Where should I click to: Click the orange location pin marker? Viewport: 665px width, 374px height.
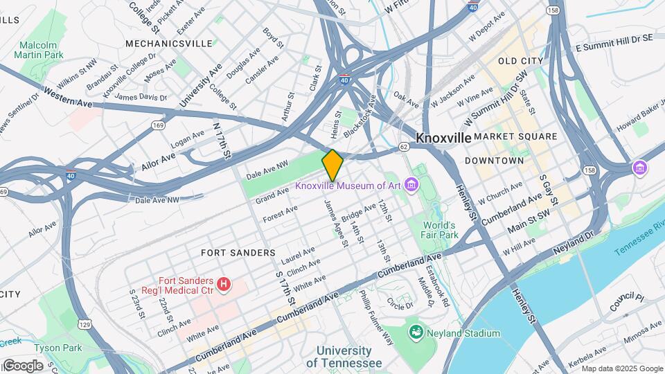click(332, 165)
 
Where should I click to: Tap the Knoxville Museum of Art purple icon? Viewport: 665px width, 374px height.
click(412, 185)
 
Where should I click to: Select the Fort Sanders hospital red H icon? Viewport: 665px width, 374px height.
click(224, 283)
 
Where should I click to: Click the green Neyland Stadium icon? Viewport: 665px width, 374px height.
click(416, 333)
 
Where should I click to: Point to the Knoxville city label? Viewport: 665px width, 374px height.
click(443, 138)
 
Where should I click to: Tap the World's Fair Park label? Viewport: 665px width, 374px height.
click(441, 230)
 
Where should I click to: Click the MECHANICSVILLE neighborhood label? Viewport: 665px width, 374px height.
click(169, 43)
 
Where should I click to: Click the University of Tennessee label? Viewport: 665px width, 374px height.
click(344, 357)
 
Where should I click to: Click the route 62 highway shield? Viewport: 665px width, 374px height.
click(404, 147)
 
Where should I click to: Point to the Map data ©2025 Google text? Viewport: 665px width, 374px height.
click(621, 368)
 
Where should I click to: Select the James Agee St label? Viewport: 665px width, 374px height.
click(335, 222)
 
